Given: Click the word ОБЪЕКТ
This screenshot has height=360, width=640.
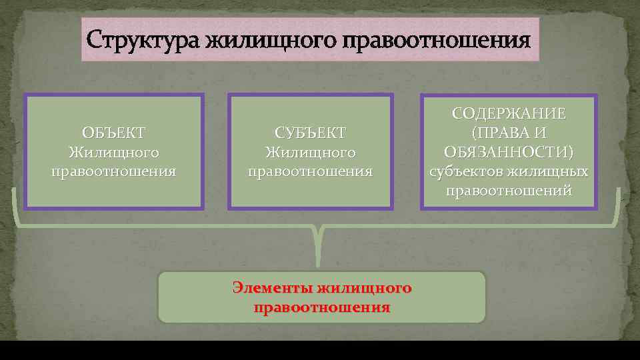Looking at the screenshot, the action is pyautogui.click(x=113, y=133).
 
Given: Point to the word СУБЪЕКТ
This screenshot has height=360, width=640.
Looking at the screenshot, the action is pyautogui.click(x=310, y=133).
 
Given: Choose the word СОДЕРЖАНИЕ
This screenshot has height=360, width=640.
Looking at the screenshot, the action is pyautogui.click(x=509, y=113).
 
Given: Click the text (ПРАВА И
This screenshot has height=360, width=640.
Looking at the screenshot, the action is pyautogui.click(x=509, y=133).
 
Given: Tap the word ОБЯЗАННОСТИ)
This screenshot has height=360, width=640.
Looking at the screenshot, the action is pyautogui.click(x=509, y=152).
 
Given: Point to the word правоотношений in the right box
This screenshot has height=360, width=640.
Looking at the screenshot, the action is pyautogui.click(x=509, y=191).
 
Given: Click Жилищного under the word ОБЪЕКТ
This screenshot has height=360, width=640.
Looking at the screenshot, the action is pyautogui.click(x=113, y=153).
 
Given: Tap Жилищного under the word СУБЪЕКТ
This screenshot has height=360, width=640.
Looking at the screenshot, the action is pyautogui.click(x=310, y=153).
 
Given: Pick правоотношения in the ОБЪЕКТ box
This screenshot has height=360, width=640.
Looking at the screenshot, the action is pyautogui.click(x=113, y=172).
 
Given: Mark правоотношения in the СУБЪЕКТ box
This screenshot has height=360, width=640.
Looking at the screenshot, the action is pyautogui.click(x=310, y=172).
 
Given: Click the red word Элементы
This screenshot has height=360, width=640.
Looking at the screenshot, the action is pyautogui.click(x=273, y=288).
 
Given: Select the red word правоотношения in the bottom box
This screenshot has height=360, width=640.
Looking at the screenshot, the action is pyautogui.click(x=322, y=308).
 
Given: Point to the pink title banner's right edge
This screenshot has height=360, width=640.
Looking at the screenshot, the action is pyautogui.click(x=538, y=40).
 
